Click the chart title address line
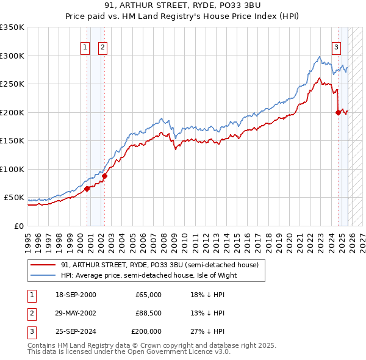point(182,5)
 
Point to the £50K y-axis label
point(13,198)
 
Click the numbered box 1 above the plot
point(84,48)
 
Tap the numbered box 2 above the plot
point(102,48)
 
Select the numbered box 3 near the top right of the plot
point(336,48)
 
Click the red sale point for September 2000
point(87,189)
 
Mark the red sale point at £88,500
point(104,176)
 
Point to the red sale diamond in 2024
point(338,112)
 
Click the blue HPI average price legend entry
point(148,275)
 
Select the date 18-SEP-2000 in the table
point(75,295)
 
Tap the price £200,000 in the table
point(146,331)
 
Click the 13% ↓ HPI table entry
point(207,313)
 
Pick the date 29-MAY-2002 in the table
point(75,313)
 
